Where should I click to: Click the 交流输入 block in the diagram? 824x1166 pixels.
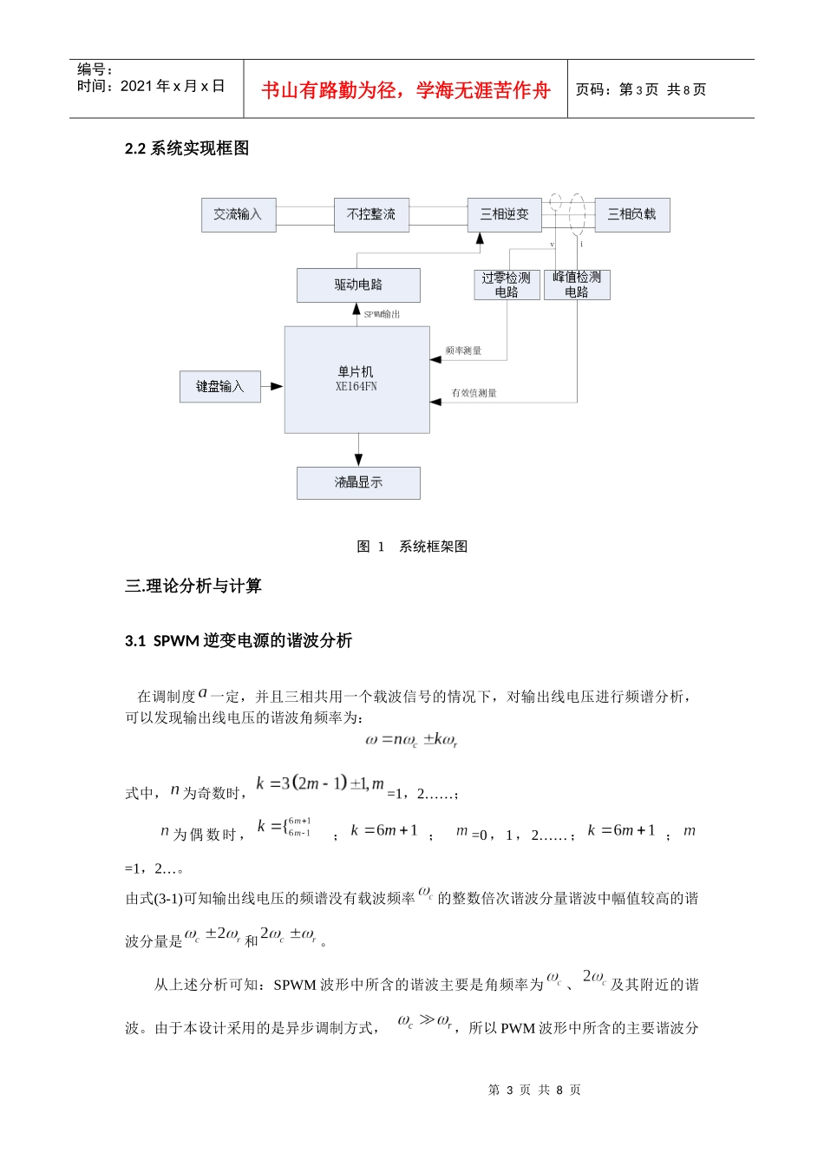[x=239, y=215]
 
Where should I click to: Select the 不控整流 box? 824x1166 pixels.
[x=371, y=215]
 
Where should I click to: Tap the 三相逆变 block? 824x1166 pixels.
[x=504, y=214]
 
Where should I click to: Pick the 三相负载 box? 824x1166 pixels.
[x=631, y=214]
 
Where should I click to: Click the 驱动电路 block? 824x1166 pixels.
[x=358, y=285]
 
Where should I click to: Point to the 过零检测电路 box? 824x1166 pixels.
[x=507, y=285]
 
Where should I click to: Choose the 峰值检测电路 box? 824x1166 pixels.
[x=577, y=285]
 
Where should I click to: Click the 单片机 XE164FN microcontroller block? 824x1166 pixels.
[x=357, y=380]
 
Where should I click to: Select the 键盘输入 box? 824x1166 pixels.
[x=219, y=387]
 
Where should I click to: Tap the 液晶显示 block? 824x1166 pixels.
[x=358, y=483]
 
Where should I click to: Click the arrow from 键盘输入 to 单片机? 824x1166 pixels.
[x=271, y=386]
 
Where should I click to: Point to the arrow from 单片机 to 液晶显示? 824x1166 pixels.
[x=358, y=450]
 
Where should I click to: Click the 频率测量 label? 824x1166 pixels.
[x=463, y=350]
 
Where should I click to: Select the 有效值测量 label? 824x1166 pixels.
[x=474, y=393]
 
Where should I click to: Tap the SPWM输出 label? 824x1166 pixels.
[x=382, y=314]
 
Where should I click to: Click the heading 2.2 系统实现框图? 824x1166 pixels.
[x=187, y=148]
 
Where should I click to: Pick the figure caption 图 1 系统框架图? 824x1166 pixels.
[x=412, y=547]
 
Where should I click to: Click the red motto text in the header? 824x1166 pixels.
[x=406, y=90]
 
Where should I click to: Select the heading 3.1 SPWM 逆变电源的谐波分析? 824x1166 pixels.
[x=239, y=641]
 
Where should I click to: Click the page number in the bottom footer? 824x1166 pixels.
[x=534, y=1091]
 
